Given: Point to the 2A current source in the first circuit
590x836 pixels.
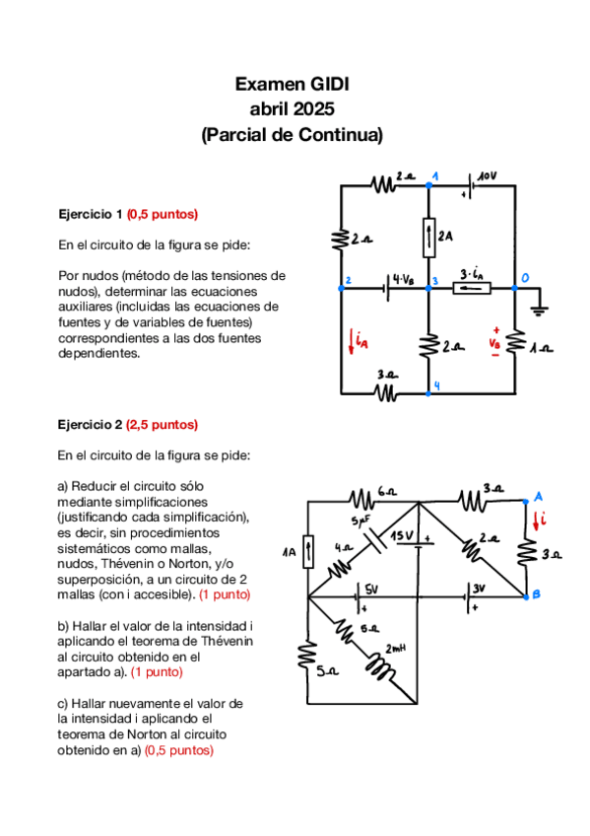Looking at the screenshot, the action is pos(428,237).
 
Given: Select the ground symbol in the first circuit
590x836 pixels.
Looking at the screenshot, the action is pos(539,309).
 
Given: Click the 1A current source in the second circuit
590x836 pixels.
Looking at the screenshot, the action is pos(308,551).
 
